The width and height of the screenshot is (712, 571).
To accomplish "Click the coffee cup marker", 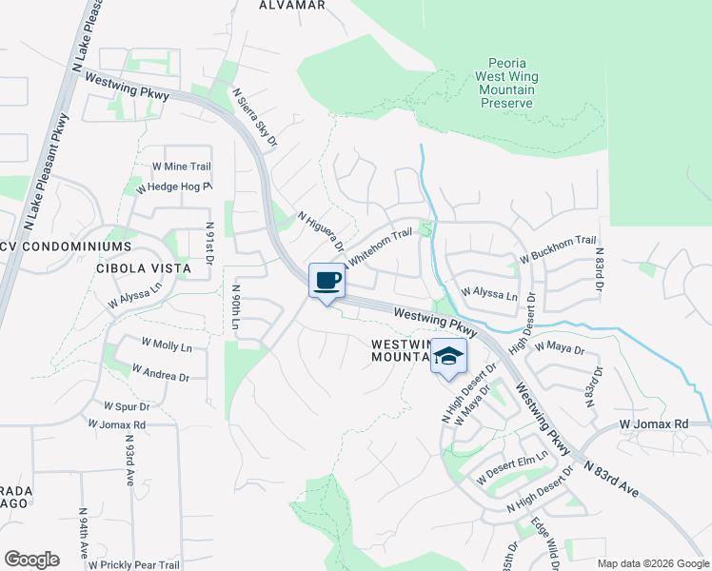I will coord(326,281).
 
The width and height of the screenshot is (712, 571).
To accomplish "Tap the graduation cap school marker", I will coord(448,357).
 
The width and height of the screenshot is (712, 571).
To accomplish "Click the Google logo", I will coord(31,560).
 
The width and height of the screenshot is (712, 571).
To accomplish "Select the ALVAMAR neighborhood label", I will coord(292,5).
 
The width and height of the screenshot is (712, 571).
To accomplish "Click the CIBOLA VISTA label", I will coord(144,268).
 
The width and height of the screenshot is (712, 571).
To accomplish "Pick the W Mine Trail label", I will coord(181,167).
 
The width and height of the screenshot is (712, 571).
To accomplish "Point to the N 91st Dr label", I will coord(209,244).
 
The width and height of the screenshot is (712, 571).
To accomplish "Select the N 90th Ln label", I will coord(236,307).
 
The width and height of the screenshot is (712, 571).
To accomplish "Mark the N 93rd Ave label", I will coord(129,462).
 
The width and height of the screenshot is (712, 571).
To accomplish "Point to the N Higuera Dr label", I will coord(319,234).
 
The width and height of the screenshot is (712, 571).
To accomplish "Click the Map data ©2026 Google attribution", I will coord(653,563).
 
